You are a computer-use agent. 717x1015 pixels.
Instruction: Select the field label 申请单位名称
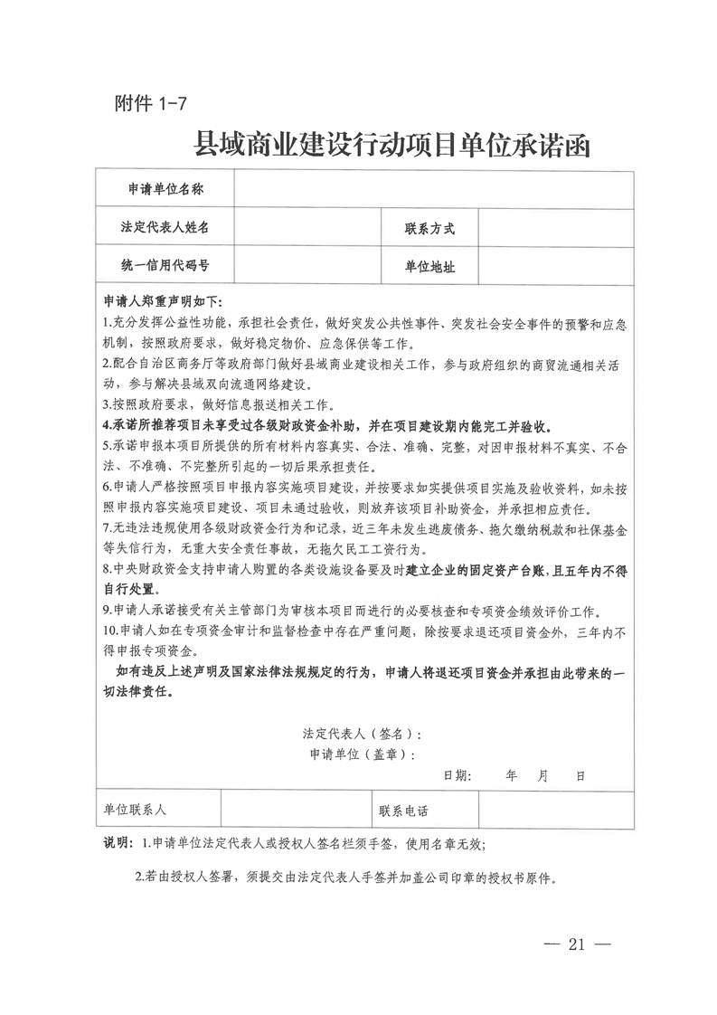[165, 189]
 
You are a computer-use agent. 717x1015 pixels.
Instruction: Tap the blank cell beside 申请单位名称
[433, 189]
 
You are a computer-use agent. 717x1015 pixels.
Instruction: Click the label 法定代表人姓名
[165, 227]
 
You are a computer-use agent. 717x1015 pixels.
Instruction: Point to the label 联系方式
[429, 228]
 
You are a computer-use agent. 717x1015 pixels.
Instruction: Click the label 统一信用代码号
[165, 266]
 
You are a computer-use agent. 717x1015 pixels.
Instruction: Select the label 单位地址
[429, 267]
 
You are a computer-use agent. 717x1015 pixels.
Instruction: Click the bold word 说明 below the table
[118, 844]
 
